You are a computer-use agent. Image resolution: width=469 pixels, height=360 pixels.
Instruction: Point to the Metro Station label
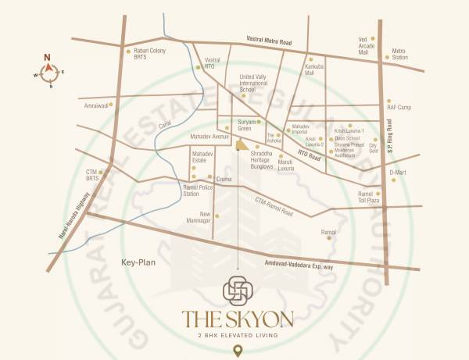pos(399,54)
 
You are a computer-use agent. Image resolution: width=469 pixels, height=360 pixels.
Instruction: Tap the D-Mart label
pos(398,172)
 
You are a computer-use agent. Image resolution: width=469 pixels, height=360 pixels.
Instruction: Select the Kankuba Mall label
pos(315,71)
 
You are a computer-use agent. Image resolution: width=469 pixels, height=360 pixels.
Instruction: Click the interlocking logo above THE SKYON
pos(238,290)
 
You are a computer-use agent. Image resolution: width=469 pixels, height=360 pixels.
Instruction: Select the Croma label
pos(224,179)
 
